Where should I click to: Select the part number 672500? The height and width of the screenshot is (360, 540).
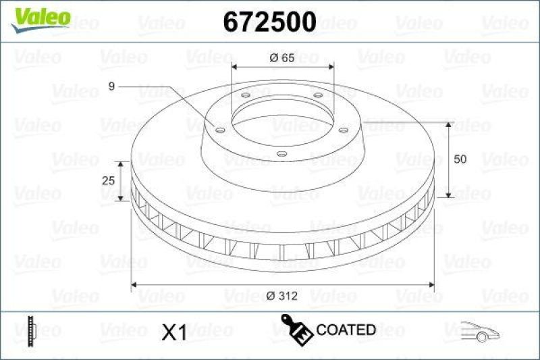pos(269,22)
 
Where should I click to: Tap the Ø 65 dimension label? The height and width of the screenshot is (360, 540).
pos(281,57)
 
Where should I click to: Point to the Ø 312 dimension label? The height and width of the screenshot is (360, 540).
pos(282,295)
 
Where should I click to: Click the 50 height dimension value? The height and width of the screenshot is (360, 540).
pos(460,159)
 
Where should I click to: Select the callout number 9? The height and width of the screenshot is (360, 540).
pos(113,86)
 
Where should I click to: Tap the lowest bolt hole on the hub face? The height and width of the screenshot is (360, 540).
pos(281,155)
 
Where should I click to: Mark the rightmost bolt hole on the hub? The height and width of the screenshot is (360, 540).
pos(343,130)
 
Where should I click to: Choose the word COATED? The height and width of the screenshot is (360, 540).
pos(346,330)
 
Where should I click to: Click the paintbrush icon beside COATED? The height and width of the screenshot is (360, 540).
pos(297,328)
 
